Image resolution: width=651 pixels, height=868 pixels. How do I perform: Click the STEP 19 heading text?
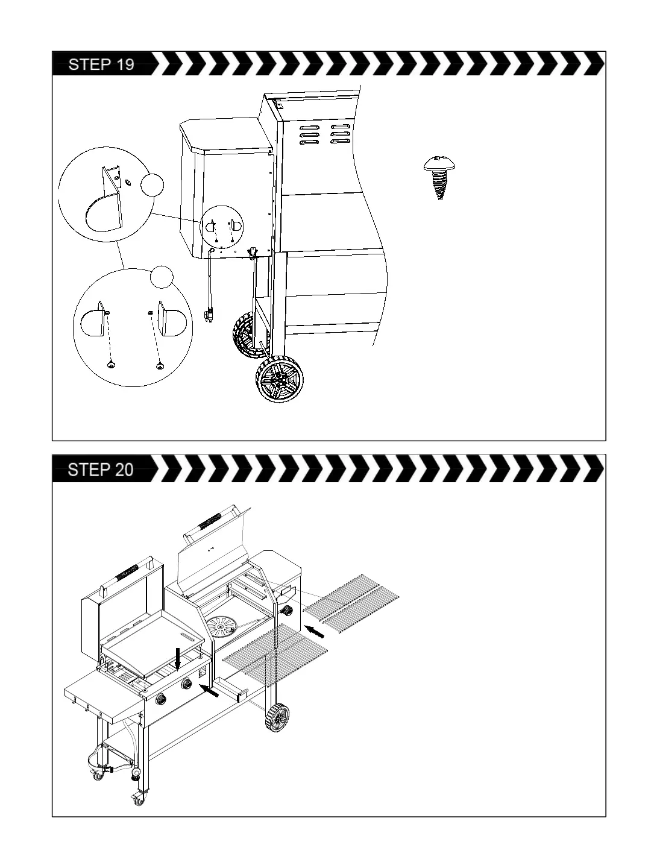point(101,64)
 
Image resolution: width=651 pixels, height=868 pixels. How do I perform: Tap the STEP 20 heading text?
point(101,470)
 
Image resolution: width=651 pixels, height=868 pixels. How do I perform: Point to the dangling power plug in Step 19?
point(210,312)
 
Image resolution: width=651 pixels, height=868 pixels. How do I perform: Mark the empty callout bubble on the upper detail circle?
point(152,184)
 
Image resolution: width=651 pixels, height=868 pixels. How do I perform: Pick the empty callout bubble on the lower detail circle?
point(162,277)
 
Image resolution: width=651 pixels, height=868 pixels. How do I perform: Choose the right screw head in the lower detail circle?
point(160,364)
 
